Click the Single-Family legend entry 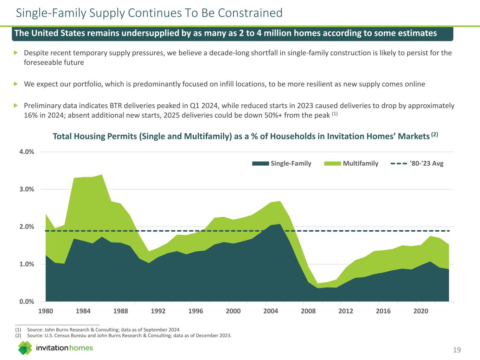282,163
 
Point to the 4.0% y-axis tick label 27,152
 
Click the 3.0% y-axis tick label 27,189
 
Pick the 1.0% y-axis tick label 27,264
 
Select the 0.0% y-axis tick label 27,301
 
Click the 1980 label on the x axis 46,311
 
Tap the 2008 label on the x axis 308,311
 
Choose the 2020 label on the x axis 421,311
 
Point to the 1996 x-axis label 196,311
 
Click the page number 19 457,350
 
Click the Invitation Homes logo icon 25,348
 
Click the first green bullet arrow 15,53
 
